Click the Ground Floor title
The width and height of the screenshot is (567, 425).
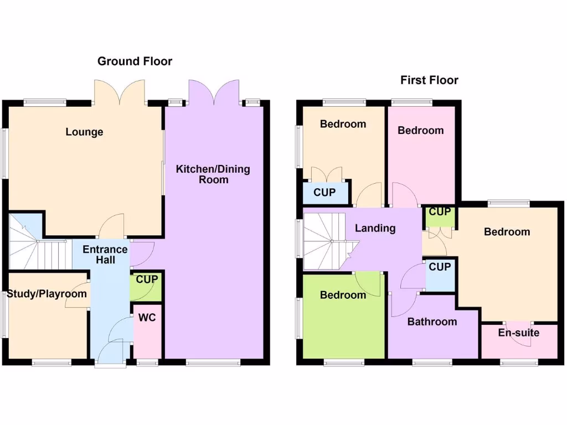point(135,61)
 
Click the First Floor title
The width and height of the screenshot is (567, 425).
point(429,80)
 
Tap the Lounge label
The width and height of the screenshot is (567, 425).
point(84,132)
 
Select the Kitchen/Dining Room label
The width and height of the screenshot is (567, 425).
point(213,174)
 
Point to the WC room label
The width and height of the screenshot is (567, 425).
point(147,318)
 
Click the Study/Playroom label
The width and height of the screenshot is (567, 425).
point(47,293)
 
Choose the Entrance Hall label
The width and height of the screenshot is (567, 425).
point(105,254)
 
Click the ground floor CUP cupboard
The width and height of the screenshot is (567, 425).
point(147,280)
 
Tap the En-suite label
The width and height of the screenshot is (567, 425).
point(519,333)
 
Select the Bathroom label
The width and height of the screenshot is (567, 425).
point(432,322)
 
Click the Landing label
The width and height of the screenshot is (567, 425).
point(375,228)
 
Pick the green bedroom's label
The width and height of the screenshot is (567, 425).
point(343,295)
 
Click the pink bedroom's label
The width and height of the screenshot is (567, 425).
point(420,131)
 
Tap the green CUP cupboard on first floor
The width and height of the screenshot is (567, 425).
point(440,212)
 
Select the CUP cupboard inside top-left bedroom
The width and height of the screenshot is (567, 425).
point(324,193)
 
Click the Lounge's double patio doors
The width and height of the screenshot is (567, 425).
point(119,91)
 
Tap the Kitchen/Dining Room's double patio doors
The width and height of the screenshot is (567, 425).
point(214,91)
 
